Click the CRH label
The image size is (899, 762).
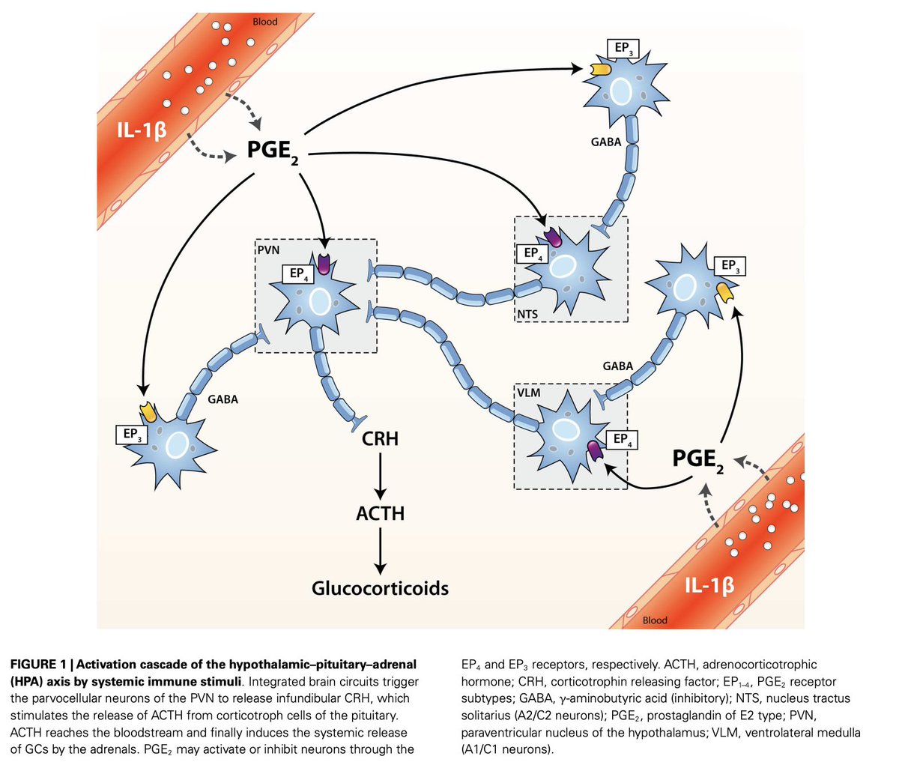point(380,438)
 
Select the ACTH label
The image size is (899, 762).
point(380,513)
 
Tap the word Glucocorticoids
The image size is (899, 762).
point(380,588)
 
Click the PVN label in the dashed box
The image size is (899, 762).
point(268,250)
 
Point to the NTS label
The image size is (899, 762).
point(527,314)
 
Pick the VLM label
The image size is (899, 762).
point(529,393)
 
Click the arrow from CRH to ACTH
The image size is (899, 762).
point(381,476)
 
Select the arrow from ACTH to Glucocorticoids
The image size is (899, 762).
point(381,551)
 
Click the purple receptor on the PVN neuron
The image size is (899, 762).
point(324,264)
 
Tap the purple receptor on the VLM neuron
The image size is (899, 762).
point(595,451)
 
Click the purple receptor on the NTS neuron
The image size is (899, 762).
point(553,237)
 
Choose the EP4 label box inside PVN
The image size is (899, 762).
point(298,274)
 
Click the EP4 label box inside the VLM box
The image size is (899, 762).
point(622,440)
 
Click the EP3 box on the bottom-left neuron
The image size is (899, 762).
point(132,435)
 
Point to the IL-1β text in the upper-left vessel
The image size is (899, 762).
point(142,130)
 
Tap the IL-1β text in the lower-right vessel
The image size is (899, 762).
point(709,585)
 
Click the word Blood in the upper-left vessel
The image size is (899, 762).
point(265,21)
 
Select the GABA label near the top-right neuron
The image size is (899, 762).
point(606,142)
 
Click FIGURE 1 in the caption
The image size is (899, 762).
point(38,664)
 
